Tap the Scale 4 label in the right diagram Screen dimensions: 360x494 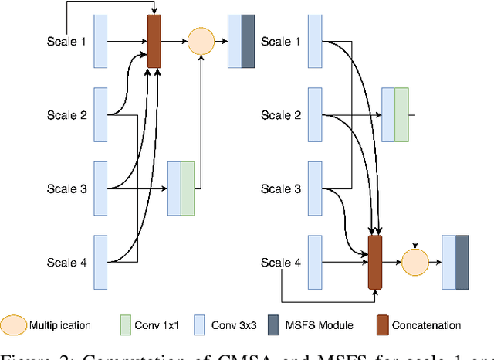(279, 263)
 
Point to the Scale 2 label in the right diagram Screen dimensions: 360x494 (279, 115)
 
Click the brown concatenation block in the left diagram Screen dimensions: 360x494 (154, 41)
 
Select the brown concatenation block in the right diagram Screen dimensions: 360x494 (375, 263)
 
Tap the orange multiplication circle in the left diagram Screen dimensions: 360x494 (200, 41)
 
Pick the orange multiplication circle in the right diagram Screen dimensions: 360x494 (414, 263)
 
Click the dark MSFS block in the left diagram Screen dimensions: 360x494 (248, 41)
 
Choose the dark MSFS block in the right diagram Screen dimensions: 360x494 (462, 263)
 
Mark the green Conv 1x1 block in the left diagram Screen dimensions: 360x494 (188, 188)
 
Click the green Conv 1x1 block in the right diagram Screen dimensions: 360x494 (401, 115)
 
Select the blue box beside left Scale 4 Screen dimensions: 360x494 (100, 263)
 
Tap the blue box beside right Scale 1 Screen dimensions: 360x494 (314, 41)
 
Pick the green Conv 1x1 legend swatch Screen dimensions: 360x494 (127, 325)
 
